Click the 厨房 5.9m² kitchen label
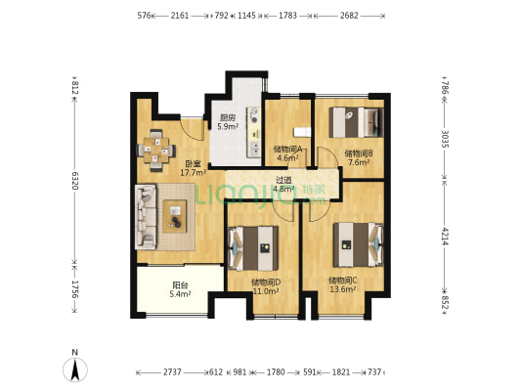coord(228,122)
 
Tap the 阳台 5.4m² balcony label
coord(180,289)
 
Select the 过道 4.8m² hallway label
coord(283,185)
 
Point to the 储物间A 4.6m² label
coord(287,153)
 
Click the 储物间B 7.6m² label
coord(358,157)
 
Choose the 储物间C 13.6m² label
coord(342,284)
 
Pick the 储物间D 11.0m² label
coord(266,286)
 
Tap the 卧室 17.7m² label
coord(193,168)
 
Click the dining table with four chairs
coord(156,151)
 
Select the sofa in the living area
coord(146,217)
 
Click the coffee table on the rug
coord(175,216)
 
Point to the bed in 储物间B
coord(356,122)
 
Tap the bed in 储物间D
coord(253,248)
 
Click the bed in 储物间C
coord(358,244)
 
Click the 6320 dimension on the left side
coord(74,181)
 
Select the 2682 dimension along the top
coord(349,16)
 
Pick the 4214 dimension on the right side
coord(445,237)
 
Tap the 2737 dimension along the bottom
coord(172,372)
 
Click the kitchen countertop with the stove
coord(254,132)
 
